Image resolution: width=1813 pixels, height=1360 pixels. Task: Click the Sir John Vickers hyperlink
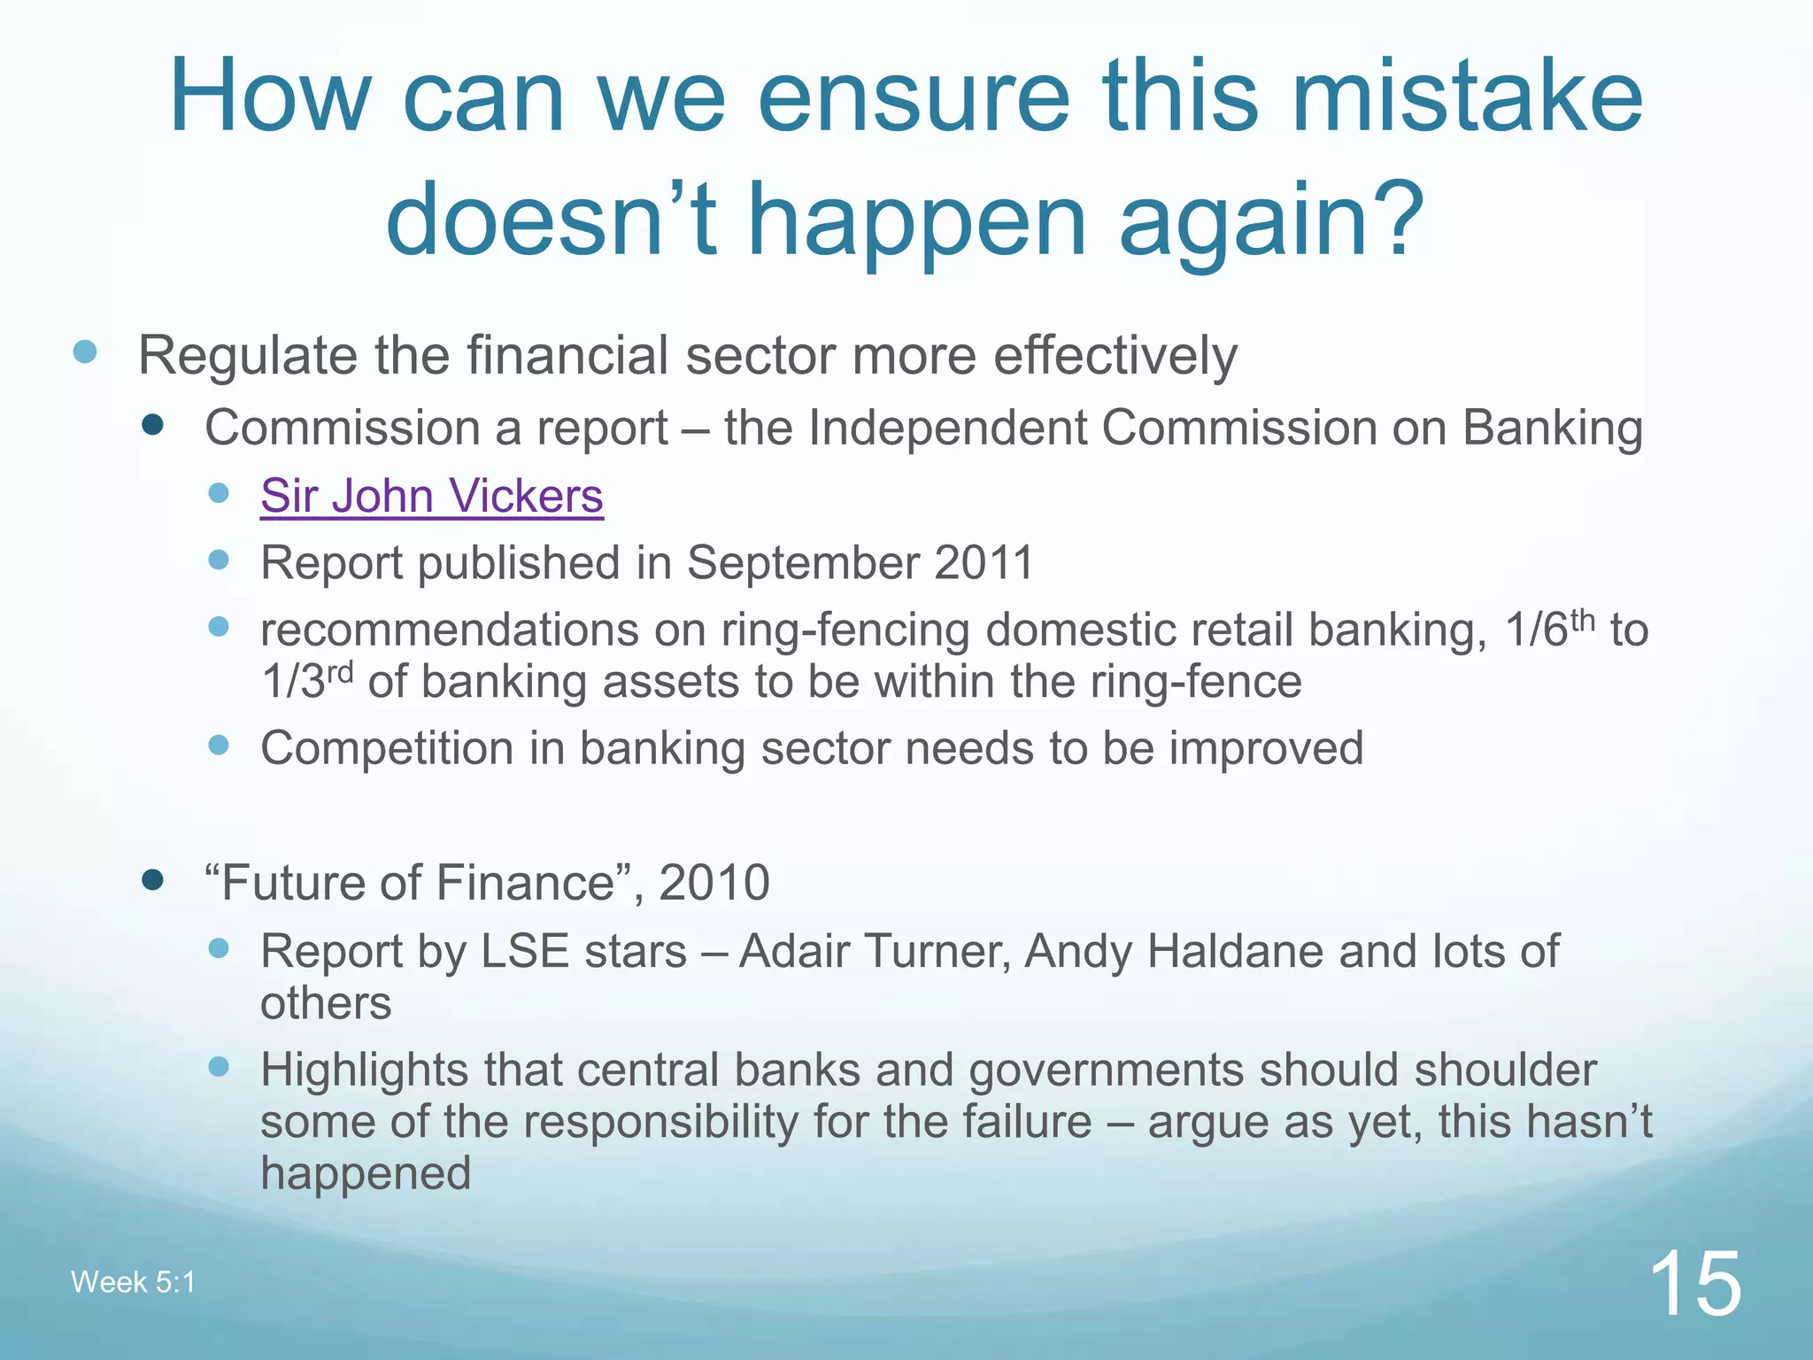point(431,496)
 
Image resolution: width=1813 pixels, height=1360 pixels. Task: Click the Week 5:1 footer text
point(133,1282)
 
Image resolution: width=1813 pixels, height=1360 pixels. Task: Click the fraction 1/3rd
point(306,681)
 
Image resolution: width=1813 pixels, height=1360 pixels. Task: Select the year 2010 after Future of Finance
point(714,883)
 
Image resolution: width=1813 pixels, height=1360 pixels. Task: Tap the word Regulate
point(249,356)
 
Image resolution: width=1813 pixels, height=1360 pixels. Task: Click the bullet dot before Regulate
point(85,352)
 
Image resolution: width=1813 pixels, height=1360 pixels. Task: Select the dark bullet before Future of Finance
point(152,879)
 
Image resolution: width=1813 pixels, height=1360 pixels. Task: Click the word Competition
point(387,748)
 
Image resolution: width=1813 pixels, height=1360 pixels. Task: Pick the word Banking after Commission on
point(1552,429)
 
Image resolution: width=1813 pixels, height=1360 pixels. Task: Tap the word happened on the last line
point(365,1173)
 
